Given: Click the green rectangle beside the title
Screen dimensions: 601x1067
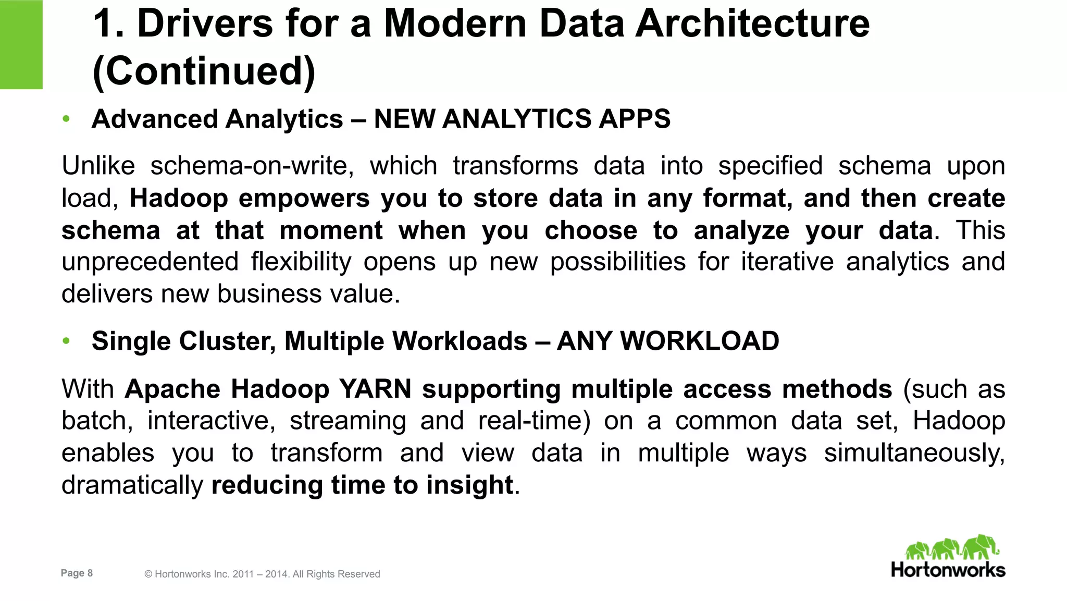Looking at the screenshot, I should coord(21,44).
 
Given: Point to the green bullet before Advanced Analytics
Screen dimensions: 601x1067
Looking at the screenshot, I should coord(66,119).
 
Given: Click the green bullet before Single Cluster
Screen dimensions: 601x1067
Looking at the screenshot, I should coord(66,341).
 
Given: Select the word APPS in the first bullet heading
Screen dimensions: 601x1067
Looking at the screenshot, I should coord(635,119).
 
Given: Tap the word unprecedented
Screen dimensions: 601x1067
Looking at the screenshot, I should coord(150,262).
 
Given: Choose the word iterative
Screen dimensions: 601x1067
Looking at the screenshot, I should coord(787,262).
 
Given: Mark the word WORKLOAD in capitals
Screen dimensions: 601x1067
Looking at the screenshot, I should coord(699,341).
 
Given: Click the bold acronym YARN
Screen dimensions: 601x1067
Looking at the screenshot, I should coord(375,389).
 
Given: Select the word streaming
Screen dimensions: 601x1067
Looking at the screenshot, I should coord(348,421).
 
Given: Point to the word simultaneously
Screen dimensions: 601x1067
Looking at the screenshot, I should coord(914,453).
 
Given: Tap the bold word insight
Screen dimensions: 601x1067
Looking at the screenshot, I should coord(470,485).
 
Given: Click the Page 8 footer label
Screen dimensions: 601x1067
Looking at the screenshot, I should coord(77,573).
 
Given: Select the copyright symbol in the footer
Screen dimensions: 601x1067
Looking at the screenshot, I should coord(148,574).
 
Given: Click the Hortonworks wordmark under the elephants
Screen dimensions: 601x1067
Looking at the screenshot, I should coord(948,570).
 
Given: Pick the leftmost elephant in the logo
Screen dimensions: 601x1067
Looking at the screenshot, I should coord(917,550).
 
